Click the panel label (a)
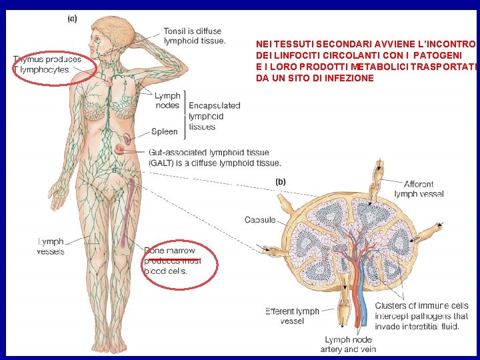tap(72, 19)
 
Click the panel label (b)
tap(281, 181)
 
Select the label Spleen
tap(164, 132)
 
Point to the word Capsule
tap(260, 220)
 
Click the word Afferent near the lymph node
tap(419, 184)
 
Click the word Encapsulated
tap(214, 106)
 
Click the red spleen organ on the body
tap(125, 140)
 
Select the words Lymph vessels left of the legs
tap(51, 247)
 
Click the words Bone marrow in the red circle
tap(170, 251)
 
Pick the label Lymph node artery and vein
tap(350, 344)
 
